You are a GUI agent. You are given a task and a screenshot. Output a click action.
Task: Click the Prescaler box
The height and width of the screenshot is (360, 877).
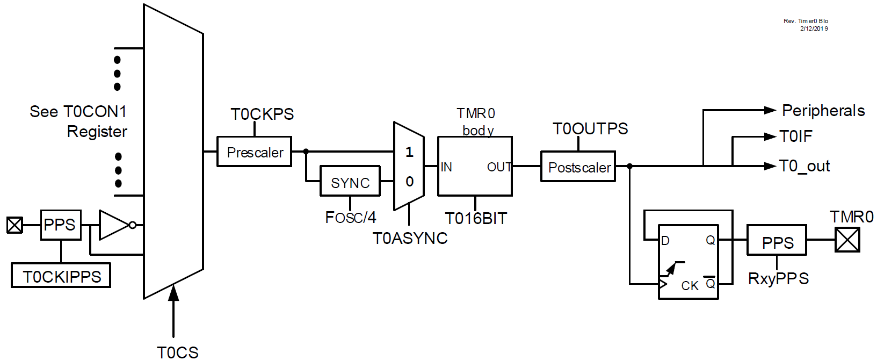point(254,152)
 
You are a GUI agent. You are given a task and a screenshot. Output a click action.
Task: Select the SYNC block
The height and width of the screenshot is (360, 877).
point(350,182)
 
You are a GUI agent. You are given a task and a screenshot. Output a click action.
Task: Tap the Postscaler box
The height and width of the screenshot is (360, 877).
point(578,167)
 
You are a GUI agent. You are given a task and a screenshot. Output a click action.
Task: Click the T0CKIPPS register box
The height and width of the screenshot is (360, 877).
point(61,276)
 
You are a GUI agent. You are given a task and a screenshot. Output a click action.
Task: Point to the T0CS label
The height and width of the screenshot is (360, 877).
point(178,352)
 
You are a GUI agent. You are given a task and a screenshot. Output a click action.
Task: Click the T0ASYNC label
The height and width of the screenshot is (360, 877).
point(410,238)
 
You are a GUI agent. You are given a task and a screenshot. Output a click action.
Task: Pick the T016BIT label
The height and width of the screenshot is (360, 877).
point(476,219)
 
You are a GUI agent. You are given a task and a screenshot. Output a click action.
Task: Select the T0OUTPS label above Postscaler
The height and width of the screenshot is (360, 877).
point(590,129)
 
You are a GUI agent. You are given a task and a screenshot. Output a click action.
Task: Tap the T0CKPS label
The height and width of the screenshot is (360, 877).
point(262,114)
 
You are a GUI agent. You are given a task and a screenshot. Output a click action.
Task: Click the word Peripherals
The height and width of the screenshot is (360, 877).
point(823,111)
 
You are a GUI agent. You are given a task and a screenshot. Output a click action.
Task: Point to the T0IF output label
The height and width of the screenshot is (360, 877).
point(796,136)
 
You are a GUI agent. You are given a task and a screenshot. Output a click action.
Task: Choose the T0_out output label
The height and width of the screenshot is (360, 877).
point(804,166)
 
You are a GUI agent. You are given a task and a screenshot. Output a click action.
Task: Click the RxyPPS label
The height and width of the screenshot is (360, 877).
point(778,278)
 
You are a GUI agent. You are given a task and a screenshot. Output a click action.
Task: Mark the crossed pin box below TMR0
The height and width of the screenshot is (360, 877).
point(847,240)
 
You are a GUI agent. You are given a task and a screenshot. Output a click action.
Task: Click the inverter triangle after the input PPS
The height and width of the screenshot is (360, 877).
point(113,225)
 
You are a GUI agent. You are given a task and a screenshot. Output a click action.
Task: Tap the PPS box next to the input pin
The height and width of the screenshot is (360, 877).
point(61,225)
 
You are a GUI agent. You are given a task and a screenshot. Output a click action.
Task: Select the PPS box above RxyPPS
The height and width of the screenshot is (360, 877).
point(777,240)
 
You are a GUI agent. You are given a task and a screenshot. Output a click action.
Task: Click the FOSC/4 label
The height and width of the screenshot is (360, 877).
point(351,218)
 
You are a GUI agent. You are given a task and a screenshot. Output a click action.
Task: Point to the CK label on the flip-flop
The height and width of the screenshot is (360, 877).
point(690,286)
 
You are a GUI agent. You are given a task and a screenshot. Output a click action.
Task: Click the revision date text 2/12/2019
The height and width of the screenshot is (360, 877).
point(814,28)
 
